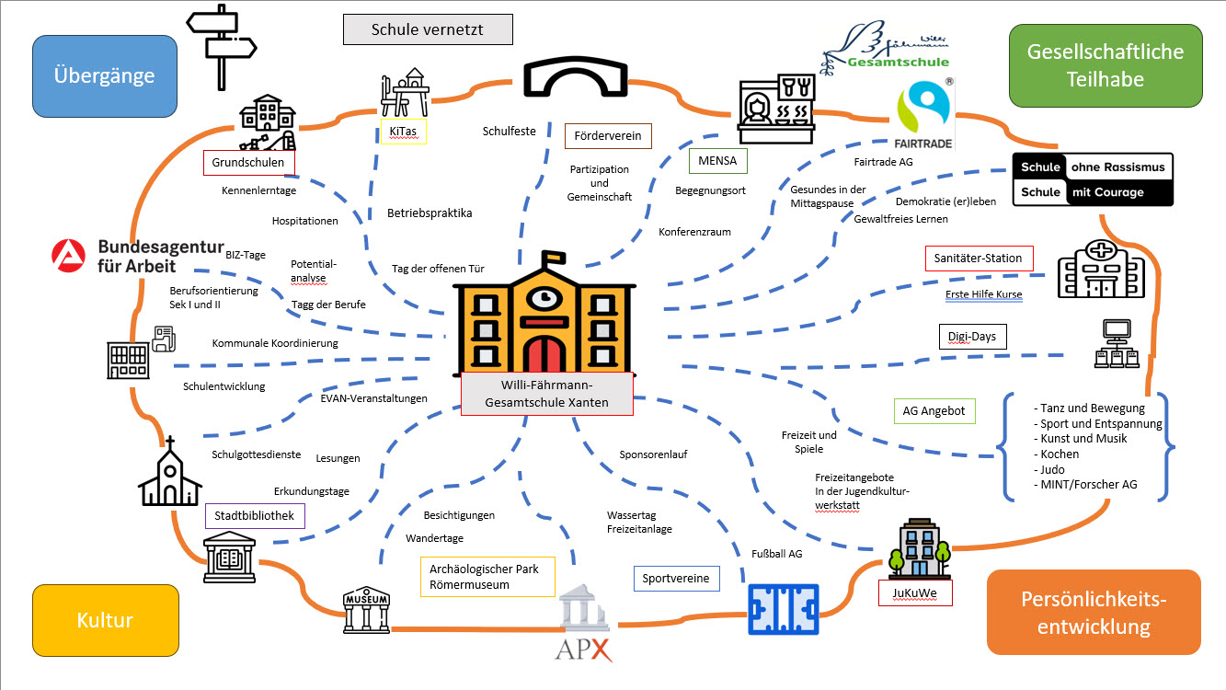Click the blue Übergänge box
click(x=104, y=76)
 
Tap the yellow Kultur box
click(x=104, y=620)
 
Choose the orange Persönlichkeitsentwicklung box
click(x=1094, y=613)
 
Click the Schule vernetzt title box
click(x=428, y=29)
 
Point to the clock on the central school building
click(x=546, y=297)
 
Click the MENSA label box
click(x=718, y=162)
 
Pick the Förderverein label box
click(x=608, y=137)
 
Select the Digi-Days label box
click(x=972, y=337)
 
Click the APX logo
click(x=583, y=635)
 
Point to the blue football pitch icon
click(x=783, y=610)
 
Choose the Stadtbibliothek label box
click(x=255, y=516)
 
